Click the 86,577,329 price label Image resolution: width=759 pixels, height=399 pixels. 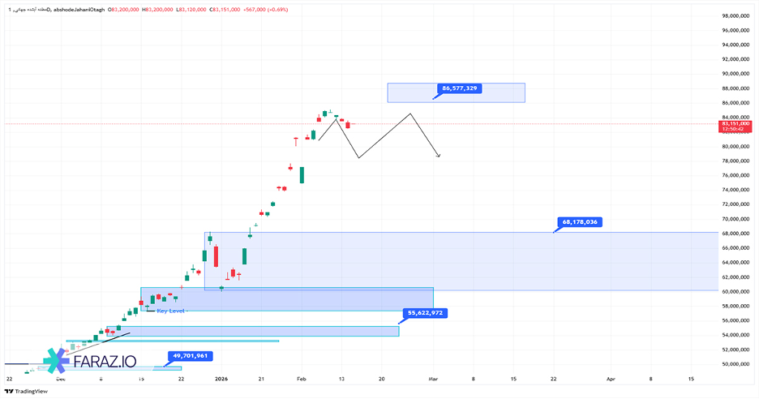pos(460,88)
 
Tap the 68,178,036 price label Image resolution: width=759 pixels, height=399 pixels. pos(579,221)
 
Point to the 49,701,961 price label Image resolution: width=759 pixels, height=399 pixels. pos(191,355)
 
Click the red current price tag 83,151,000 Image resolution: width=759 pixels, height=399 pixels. pos(735,124)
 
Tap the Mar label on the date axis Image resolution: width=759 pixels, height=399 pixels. pos(433,379)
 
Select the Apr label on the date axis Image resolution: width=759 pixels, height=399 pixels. pos(611,379)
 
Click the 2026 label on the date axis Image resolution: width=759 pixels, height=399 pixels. pos(221,379)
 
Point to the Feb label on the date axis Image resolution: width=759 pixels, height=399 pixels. pos(301,379)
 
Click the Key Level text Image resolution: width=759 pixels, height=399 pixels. pos(172,311)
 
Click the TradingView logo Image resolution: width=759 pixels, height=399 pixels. pos(26,391)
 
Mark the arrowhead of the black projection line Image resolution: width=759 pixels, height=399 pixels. pos(439,156)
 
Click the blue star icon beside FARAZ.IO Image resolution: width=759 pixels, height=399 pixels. pos(58,363)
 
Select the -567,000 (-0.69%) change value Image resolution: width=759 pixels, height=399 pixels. pos(266,10)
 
